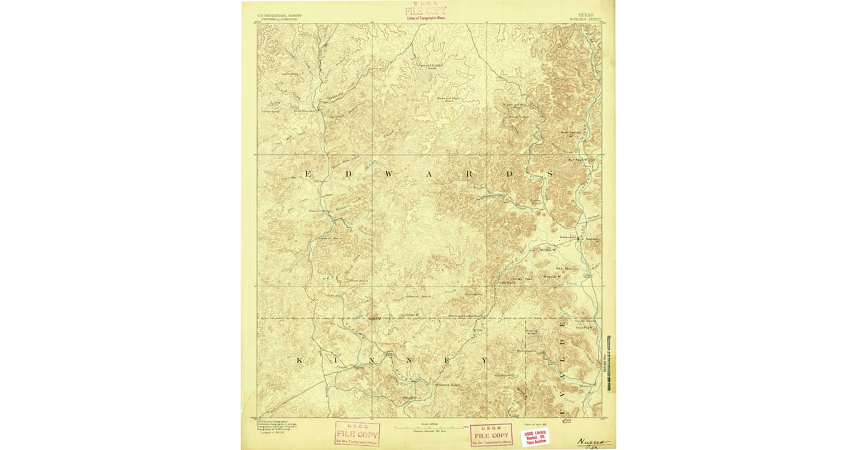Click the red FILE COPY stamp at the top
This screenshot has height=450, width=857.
tap(426, 11)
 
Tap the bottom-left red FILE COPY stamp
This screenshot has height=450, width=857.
tap(357, 433)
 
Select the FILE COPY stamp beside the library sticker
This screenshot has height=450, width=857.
tap(491, 434)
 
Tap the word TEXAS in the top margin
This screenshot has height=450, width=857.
tap(584, 14)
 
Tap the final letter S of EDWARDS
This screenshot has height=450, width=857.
tap(551, 174)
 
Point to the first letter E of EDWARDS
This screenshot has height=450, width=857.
tap(308, 174)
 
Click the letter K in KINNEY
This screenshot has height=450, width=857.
tap(299, 359)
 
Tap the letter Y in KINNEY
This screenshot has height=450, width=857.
tap(488, 359)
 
